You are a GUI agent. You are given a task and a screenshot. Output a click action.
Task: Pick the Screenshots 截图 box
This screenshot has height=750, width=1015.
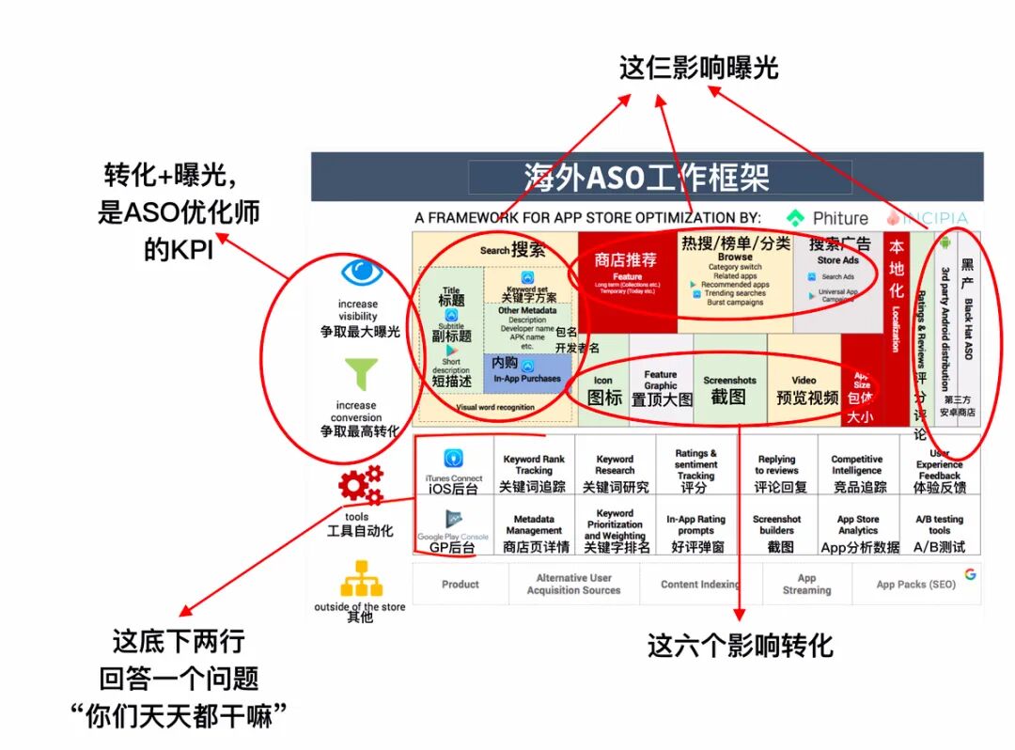point(729,389)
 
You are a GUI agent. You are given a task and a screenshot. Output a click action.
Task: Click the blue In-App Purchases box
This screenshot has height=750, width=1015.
point(527,372)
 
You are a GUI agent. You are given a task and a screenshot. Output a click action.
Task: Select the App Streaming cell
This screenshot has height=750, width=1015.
point(806,585)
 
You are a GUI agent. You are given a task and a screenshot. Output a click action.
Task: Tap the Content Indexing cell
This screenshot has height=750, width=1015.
point(699,585)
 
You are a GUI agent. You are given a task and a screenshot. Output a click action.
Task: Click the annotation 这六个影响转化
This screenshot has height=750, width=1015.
point(741,647)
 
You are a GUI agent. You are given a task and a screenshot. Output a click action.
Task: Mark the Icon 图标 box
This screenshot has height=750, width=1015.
point(604,391)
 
